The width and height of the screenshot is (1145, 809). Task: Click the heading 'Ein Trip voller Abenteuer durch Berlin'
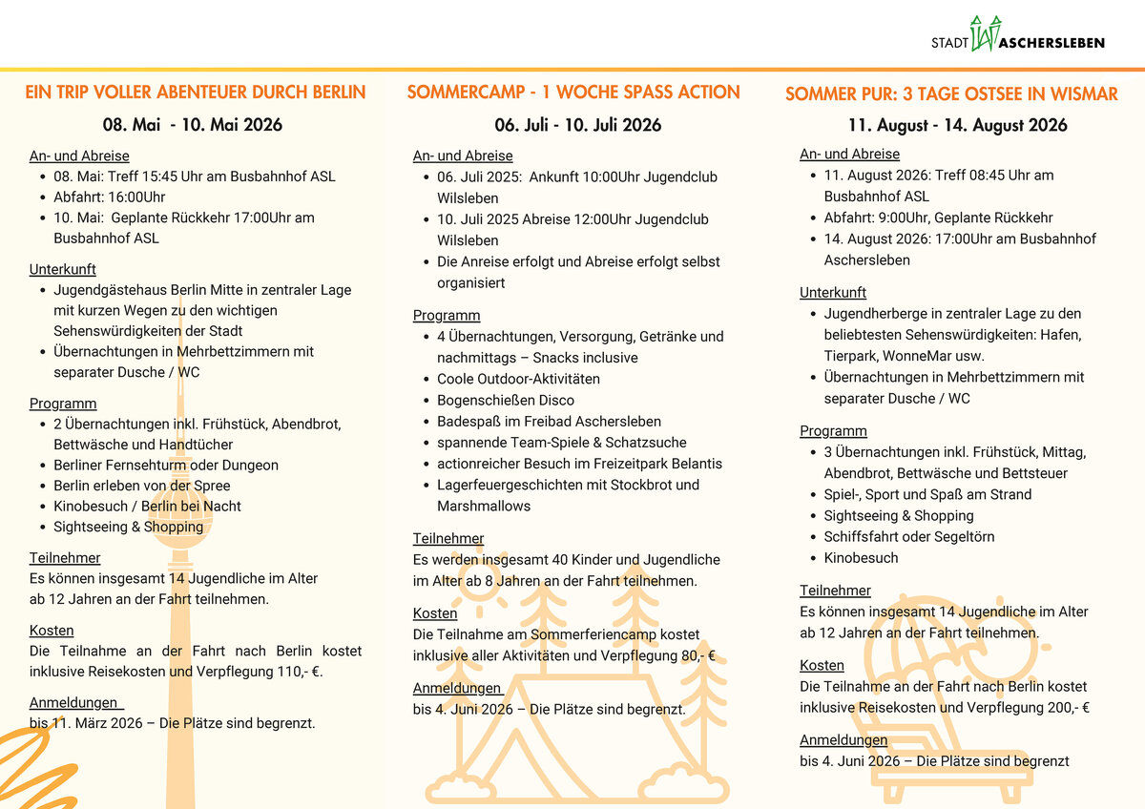pos(196,93)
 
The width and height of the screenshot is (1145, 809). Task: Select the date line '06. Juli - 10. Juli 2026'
pos(577,125)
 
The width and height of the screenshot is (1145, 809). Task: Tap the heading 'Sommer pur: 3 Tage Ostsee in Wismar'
pos(951,93)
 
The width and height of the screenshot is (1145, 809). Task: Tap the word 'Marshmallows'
pos(483,506)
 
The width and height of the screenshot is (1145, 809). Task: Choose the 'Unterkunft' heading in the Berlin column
pos(63,270)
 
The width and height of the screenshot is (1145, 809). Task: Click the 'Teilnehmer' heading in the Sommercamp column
pos(448,538)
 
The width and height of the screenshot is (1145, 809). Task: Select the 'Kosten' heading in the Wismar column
pos(822,665)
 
